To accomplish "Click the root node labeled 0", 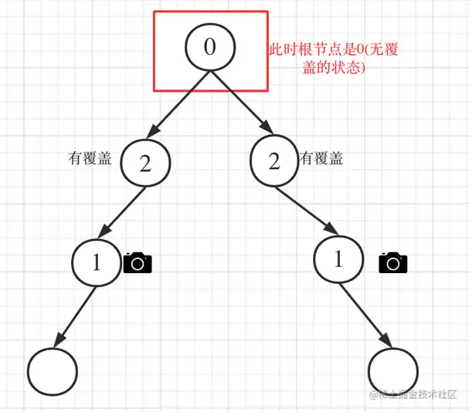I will tap(209, 46).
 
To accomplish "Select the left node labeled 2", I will tap(145, 163).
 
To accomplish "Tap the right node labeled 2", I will tap(274, 162).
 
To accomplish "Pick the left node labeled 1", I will tap(97, 262).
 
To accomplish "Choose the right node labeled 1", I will tap(338, 260).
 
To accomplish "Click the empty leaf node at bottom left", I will tap(53, 371).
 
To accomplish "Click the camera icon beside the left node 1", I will tap(138, 262).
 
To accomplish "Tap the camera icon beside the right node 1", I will tap(393, 262).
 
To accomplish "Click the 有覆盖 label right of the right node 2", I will tap(321, 159).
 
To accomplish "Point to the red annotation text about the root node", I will tap(334, 58).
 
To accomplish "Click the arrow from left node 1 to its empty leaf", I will tap(75, 316).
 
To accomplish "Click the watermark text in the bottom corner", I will tap(417, 395).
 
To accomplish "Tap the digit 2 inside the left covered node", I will tap(145, 163).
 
